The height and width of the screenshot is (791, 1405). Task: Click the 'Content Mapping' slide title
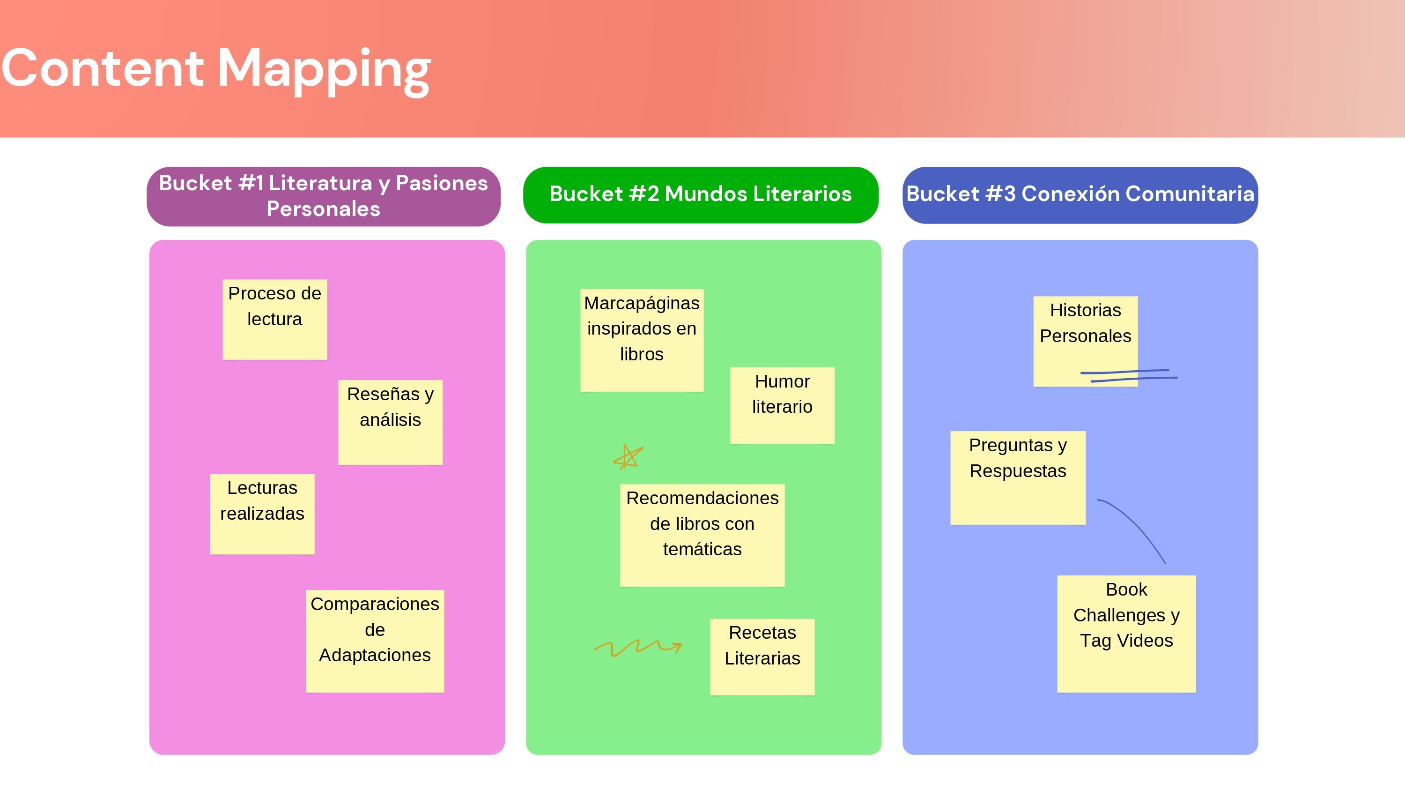(215, 69)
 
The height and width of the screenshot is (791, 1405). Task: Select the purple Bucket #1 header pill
(324, 196)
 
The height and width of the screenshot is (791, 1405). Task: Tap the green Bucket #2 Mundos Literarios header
(700, 195)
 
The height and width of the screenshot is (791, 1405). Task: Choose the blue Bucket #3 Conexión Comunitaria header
(1080, 195)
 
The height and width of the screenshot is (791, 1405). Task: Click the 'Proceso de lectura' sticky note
(274, 319)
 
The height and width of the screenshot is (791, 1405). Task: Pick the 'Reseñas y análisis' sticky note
(390, 422)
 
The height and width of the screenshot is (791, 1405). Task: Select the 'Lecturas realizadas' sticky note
(262, 514)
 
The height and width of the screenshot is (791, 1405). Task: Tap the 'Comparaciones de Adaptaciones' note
(375, 641)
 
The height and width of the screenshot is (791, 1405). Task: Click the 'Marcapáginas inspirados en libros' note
(642, 340)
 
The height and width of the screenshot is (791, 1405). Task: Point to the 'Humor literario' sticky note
(782, 405)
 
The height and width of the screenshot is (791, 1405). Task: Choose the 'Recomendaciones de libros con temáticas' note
(702, 535)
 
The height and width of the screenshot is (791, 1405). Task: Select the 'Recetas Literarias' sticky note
(762, 657)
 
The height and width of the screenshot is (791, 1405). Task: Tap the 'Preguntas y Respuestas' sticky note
(1018, 478)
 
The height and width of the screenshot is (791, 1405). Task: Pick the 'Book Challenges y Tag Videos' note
(1126, 633)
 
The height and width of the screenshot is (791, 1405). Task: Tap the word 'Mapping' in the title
(324, 71)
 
